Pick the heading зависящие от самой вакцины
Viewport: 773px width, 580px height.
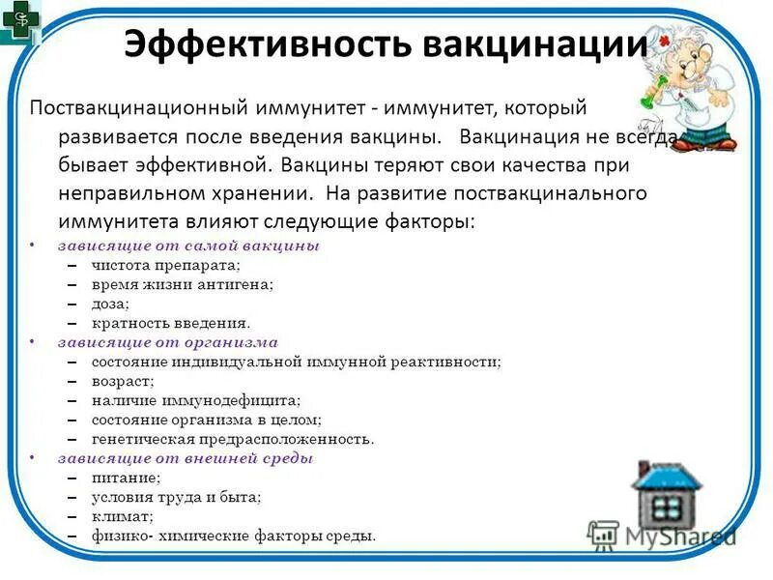pos(188,246)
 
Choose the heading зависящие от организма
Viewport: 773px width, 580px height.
pos(167,342)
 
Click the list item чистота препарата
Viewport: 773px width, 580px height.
pos(166,265)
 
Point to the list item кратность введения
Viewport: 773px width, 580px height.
pos(171,323)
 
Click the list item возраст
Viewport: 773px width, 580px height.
pos(123,381)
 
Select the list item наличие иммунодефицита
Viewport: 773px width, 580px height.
pos(196,400)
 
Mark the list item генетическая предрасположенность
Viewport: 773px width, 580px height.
pos(233,439)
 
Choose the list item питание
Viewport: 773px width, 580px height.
pos(127,478)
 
